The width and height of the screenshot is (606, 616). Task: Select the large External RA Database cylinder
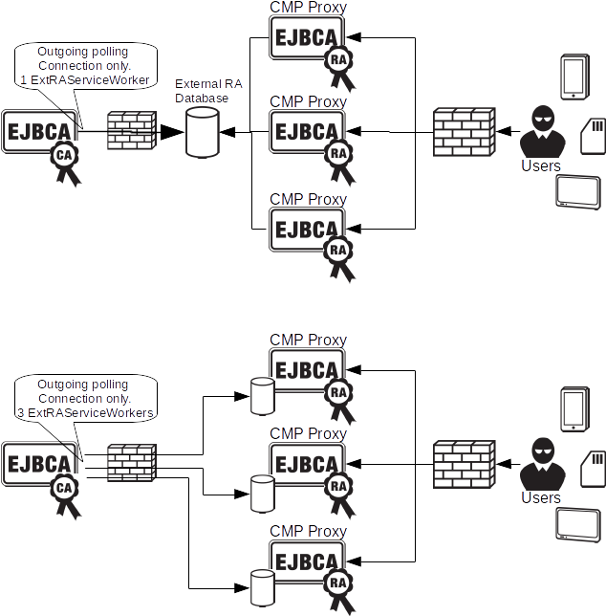(x=202, y=132)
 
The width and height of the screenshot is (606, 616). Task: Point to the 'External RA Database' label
(x=208, y=91)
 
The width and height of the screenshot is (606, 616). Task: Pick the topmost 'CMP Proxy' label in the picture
(x=308, y=8)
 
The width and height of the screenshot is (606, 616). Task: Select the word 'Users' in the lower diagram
(x=541, y=497)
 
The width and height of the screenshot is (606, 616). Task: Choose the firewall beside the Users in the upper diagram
(x=463, y=133)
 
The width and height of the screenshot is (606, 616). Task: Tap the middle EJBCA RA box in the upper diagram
(x=307, y=129)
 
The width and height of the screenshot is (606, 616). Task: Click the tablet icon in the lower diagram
(x=577, y=526)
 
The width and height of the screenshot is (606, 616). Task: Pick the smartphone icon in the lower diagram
(x=573, y=409)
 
